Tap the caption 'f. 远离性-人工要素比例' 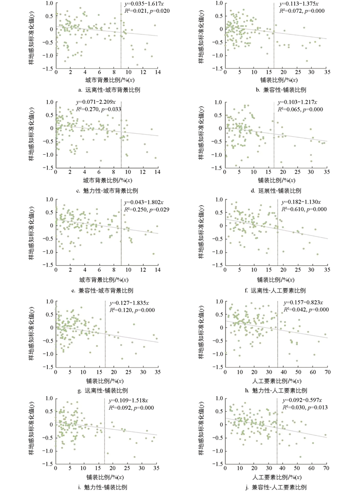276,290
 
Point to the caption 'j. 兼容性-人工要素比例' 277,487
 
